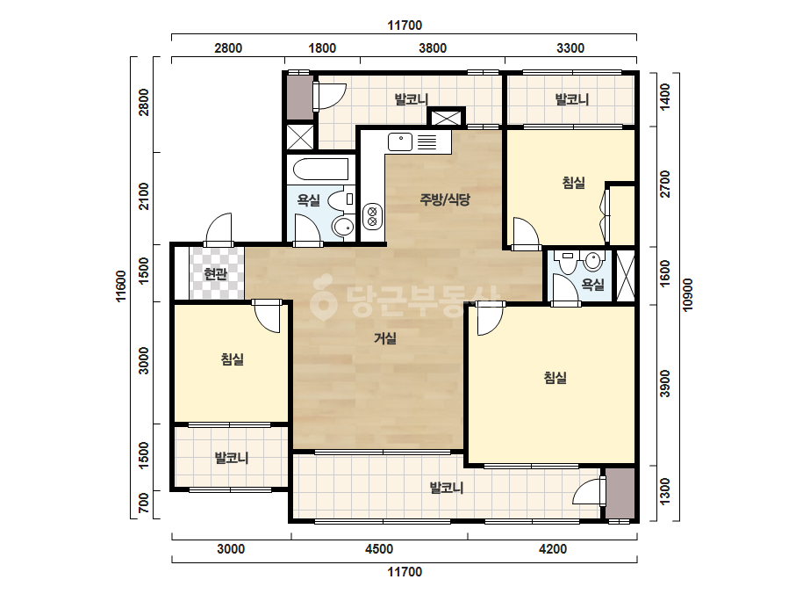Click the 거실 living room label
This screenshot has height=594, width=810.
(x=385, y=338)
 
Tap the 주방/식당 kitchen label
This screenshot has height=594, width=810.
(x=445, y=199)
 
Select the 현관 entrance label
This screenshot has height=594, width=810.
(x=215, y=273)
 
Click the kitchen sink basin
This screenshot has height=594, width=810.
(x=400, y=141)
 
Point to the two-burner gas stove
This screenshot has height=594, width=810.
(x=372, y=216)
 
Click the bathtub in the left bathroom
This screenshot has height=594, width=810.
(x=320, y=169)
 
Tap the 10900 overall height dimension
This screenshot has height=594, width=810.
(x=687, y=295)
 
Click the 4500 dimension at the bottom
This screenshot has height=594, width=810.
(x=378, y=549)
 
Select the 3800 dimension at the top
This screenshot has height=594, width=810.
(x=433, y=48)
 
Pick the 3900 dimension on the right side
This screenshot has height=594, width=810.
(x=665, y=383)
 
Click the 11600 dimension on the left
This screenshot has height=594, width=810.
(x=121, y=286)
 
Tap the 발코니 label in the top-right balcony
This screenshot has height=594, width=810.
(x=572, y=98)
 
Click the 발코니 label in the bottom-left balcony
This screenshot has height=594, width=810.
(x=232, y=458)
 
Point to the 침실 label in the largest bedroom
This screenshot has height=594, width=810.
(x=556, y=377)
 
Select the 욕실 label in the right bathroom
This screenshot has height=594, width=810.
(x=592, y=284)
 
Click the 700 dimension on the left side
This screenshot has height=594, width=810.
(x=144, y=503)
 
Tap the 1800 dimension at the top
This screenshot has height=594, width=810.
(x=322, y=48)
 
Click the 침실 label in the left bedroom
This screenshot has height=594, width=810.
(x=232, y=359)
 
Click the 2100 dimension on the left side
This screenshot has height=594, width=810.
(x=144, y=196)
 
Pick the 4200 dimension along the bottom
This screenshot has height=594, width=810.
(x=552, y=549)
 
